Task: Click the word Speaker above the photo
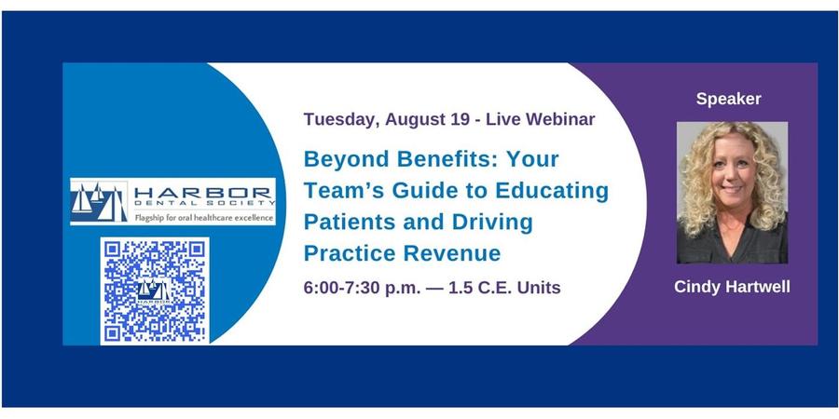[x=728, y=99]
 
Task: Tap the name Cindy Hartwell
[x=732, y=287]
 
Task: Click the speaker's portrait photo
[x=732, y=193]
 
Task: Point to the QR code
[x=155, y=291]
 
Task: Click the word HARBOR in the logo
[x=202, y=193]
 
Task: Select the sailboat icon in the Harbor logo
[x=99, y=201]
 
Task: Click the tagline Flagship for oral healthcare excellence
[x=204, y=218]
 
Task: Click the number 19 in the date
[x=458, y=119]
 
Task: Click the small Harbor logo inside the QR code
[x=154, y=291]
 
